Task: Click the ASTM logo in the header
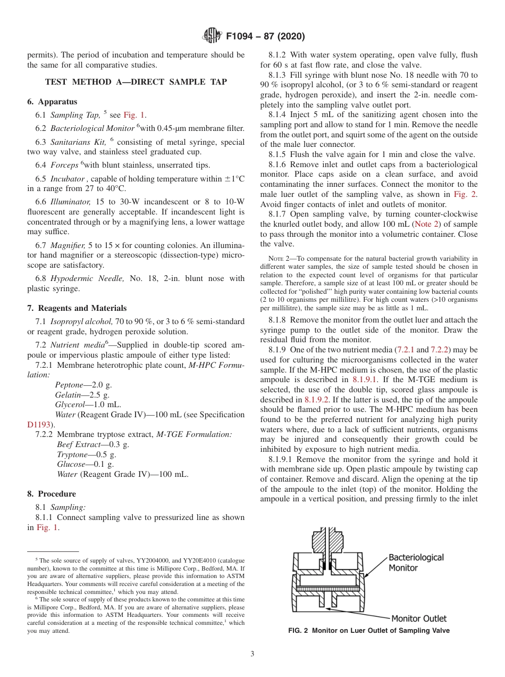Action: tap(213, 36)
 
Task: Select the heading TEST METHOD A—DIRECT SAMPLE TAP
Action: tap(136, 82)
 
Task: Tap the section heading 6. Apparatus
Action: tap(52, 102)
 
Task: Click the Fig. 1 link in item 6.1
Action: tap(133, 115)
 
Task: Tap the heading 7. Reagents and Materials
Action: tap(77, 308)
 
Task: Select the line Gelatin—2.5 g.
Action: tap(82, 395)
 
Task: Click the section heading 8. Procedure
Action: tap(52, 494)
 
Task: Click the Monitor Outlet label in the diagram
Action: tap(419, 618)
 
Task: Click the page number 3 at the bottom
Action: tap(252, 654)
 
